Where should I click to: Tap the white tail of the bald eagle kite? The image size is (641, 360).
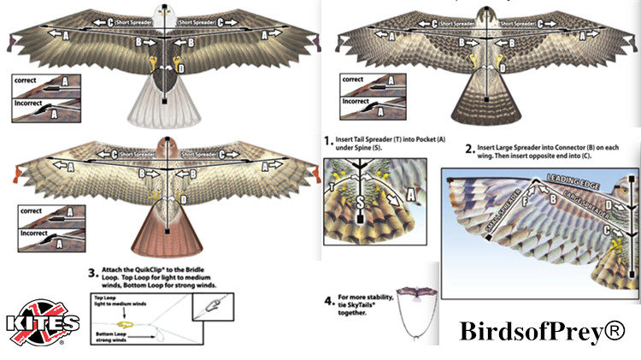pyautogui.click(x=162, y=107)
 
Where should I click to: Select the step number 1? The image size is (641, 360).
pyautogui.click(x=328, y=139)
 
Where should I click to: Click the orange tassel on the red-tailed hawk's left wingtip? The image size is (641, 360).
pyautogui.click(x=12, y=175)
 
